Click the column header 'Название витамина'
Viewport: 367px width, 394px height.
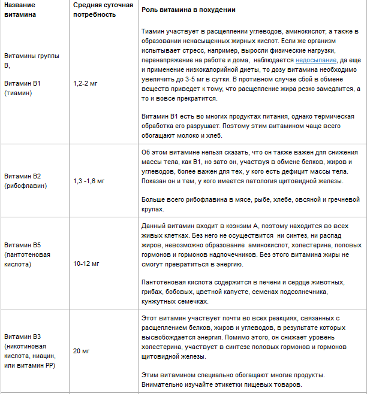20,10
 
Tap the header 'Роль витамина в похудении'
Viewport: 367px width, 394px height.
188,11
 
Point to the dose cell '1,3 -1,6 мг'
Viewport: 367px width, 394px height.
89,180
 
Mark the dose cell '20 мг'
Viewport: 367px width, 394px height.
81,350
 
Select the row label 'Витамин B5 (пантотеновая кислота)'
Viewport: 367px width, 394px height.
28,254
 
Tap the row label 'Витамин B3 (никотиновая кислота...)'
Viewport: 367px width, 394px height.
29,350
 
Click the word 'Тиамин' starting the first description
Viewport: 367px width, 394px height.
154,31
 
